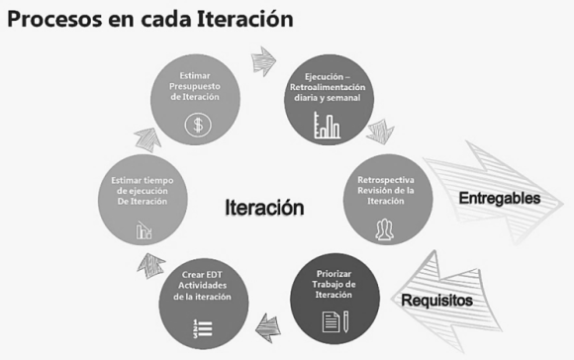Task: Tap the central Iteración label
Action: [x=263, y=208]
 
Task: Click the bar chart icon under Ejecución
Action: [x=327, y=125]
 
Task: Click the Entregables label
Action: [x=499, y=198]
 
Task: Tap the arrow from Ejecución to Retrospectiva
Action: [x=380, y=130]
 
